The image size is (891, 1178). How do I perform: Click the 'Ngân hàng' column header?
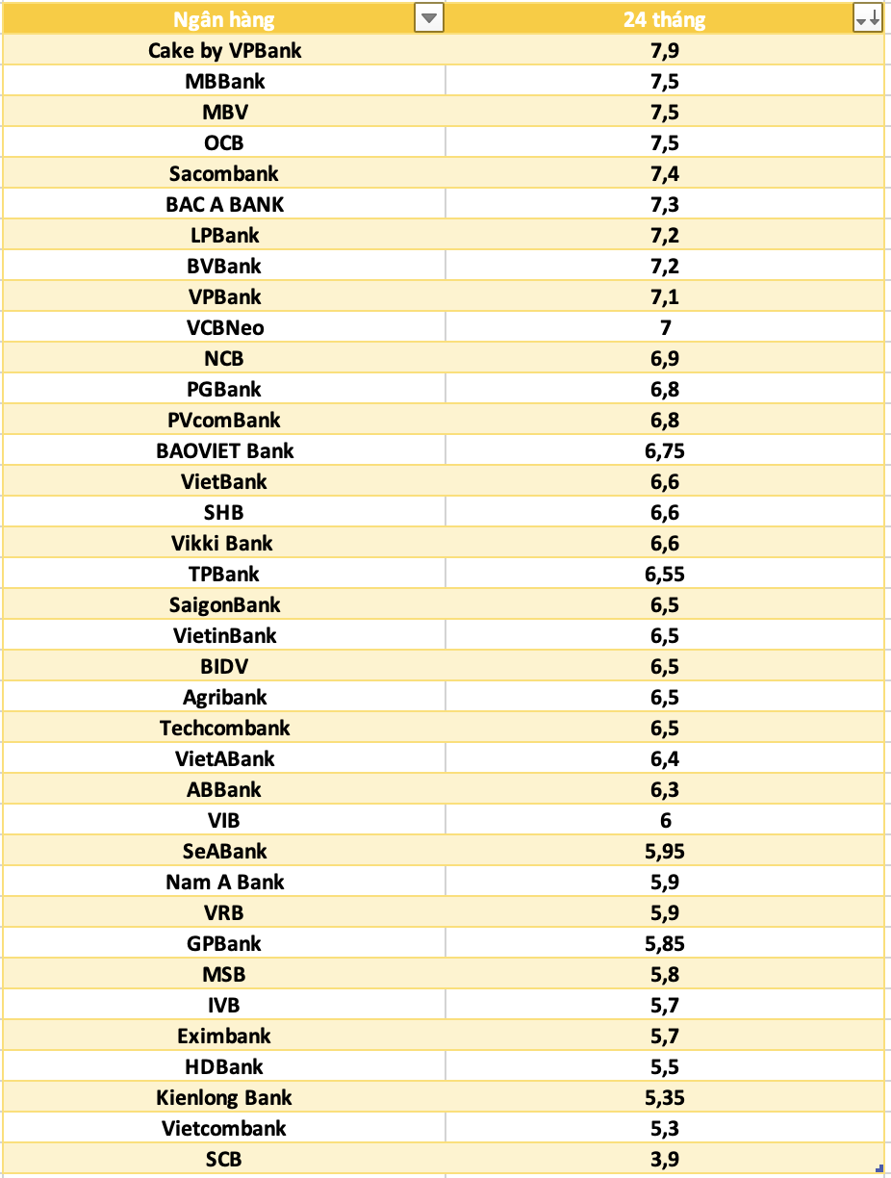[x=223, y=19]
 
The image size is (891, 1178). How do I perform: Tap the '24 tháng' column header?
[x=664, y=19]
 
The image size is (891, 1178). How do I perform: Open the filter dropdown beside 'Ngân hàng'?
[x=428, y=18]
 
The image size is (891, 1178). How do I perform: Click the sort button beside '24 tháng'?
[x=867, y=18]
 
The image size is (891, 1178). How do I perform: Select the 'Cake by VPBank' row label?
[x=224, y=50]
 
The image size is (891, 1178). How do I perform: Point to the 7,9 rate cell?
[x=665, y=50]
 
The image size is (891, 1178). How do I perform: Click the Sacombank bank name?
[x=224, y=173]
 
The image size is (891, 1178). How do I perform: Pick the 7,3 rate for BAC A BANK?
[x=665, y=204]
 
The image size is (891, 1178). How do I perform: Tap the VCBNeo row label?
[x=225, y=327]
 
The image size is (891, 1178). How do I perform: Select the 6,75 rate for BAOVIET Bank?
[x=665, y=450]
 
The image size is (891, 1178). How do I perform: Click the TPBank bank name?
[x=224, y=574]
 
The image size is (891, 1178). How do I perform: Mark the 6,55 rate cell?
[x=665, y=574]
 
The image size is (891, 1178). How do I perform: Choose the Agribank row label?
[x=225, y=697]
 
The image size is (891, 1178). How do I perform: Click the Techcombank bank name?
[x=225, y=728]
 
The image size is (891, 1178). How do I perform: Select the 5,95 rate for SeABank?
[x=665, y=851]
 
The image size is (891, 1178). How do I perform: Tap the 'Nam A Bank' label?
[x=225, y=882]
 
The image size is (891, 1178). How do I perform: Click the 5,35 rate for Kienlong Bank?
[x=665, y=1097]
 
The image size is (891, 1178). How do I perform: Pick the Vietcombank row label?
[x=224, y=1128]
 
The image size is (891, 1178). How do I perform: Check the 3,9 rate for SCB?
[x=665, y=1159]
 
